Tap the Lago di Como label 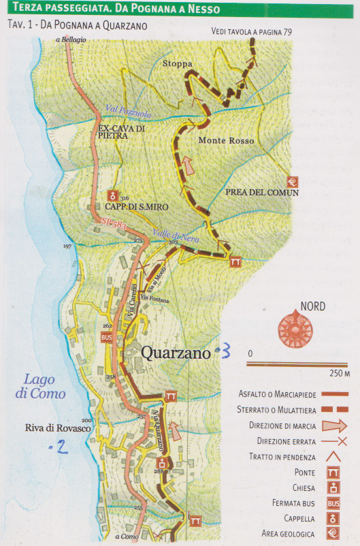click(41, 387)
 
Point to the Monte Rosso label click(226, 141)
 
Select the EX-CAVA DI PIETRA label click(121, 131)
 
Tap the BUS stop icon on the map click(105, 337)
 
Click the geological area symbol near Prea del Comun click(292, 181)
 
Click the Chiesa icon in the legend click(333, 488)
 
